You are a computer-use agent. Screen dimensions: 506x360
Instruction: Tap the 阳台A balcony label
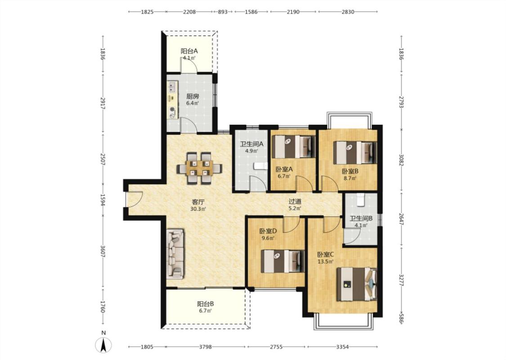(189, 51)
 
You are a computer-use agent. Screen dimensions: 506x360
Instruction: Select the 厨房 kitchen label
(193, 96)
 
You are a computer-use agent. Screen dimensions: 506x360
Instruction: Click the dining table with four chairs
(199, 168)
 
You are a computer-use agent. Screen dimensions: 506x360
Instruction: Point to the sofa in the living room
(175, 254)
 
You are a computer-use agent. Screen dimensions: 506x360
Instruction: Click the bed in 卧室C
(357, 284)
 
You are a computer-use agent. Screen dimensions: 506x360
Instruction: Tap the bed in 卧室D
(283, 261)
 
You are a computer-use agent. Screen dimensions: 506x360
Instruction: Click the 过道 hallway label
(295, 201)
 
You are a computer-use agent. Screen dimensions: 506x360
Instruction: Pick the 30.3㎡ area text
(198, 209)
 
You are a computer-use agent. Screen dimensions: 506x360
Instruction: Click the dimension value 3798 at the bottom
(205, 347)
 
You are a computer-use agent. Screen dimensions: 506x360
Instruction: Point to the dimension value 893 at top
(223, 12)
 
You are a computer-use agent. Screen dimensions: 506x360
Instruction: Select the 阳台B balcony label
(206, 304)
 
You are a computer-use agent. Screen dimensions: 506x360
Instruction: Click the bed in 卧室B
(355, 153)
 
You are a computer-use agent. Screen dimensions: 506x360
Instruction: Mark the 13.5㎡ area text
(325, 262)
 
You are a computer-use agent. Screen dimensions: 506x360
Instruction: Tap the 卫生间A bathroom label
(251, 144)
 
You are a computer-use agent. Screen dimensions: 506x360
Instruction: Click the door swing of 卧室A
(304, 184)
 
